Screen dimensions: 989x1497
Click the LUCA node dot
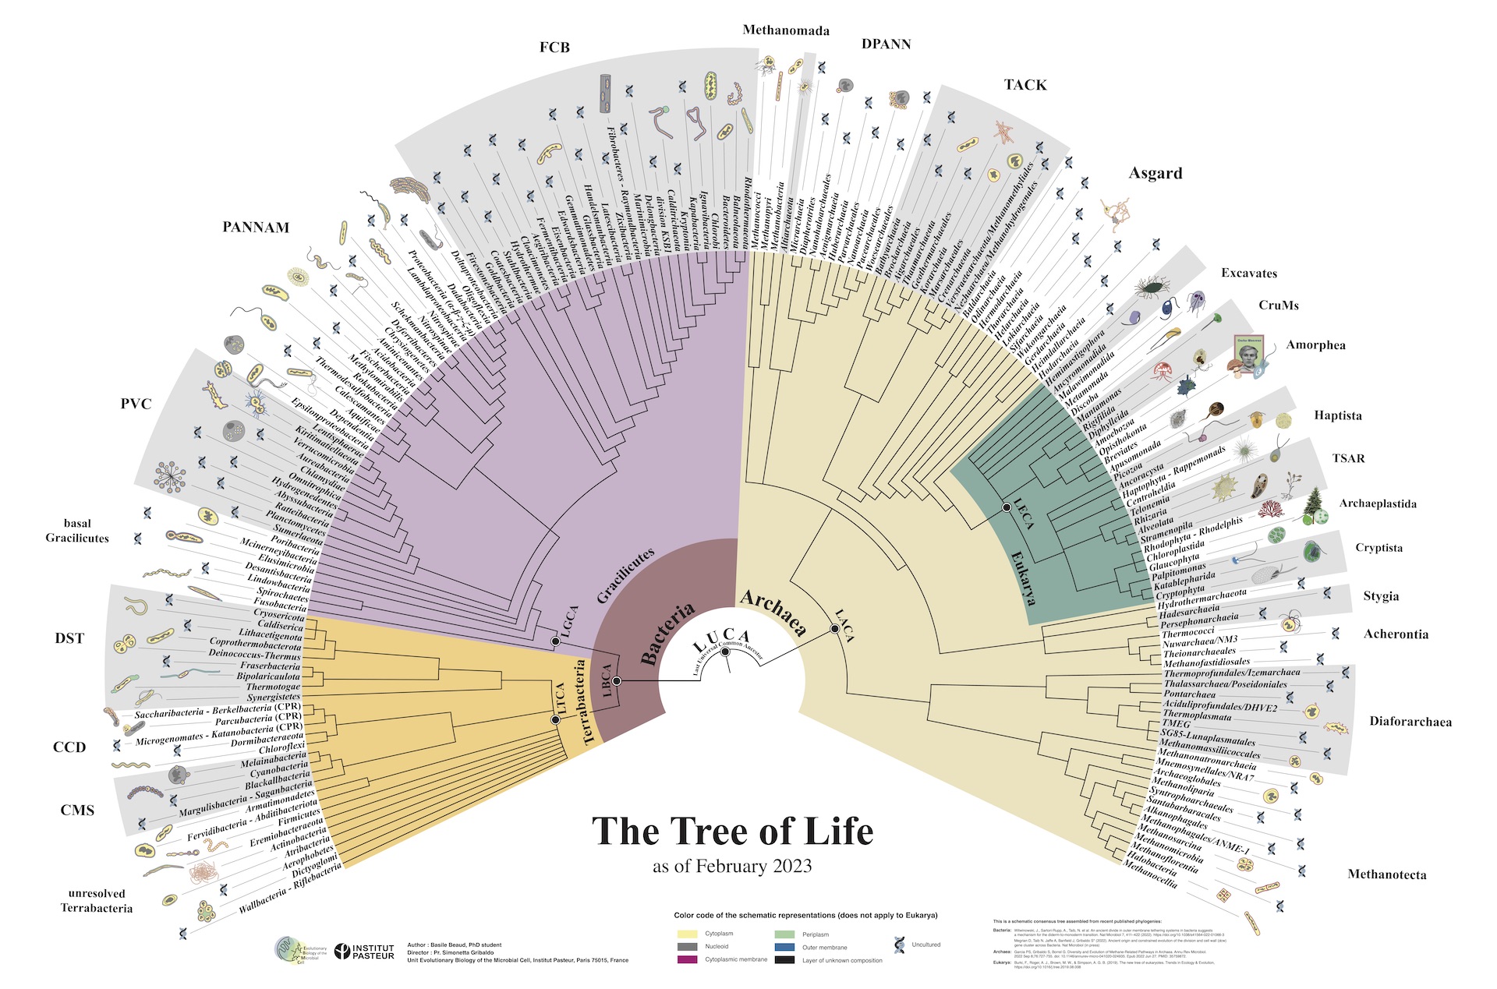pyautogui.click(x=725, y=652)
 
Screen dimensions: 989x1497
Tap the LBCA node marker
pyautogui.click(x=617, y=681)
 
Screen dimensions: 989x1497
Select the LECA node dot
pyautogui.click(x=1007, y=507)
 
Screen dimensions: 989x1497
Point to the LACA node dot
pyautogui.click(x=835, y=629)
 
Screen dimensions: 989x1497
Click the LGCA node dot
pyautogui.click(x=555, y=641)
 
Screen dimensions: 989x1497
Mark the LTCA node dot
pyautogui.click(x=555, y=719)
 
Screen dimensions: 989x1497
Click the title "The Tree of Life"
pyautogui.click(x=732, y=831)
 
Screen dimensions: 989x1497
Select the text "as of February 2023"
pyautogui.click(x=732, y=867)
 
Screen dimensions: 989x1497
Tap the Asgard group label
pyautogui.click(x=1155, y=174)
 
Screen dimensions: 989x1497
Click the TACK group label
pyautogui.click(x=1025, y=85)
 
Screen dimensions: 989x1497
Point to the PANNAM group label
pyautogui.click(x=256, y=228)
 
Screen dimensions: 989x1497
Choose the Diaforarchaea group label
pyautogui.click(x=1410, y=722)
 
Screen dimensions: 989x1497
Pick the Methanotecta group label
pyautogui.click(x=1386, y=874)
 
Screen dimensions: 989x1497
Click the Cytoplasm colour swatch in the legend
pyautogui.click(x=687, y=934)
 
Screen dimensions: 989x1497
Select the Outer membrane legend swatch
pyautogui.click(x=784, y=947)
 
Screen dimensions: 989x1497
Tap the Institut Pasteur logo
pyautogui.click(x=364, y=951)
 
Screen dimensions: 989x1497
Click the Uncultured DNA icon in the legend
pyautogui.click(x=900, y=945)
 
